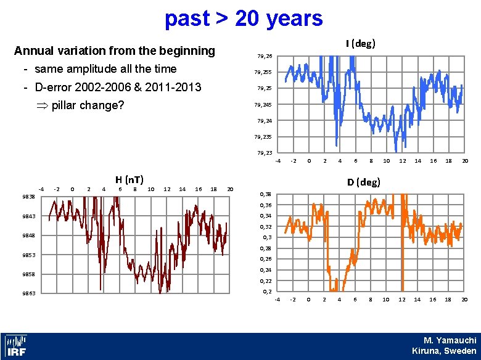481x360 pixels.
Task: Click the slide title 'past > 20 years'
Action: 243,18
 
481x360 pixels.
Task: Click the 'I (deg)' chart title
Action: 361,43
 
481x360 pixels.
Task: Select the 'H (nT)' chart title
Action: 129,179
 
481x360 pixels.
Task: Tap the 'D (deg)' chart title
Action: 363,182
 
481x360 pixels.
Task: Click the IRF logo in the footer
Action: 15,346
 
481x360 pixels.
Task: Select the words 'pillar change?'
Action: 88,105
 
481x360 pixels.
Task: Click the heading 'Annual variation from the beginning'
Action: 114,50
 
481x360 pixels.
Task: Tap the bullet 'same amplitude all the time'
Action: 105,68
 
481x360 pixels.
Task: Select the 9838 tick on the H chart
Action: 27,197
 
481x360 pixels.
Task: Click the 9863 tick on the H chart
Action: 27,293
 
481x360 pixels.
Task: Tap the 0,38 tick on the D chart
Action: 265,194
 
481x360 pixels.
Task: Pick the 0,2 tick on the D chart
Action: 266,290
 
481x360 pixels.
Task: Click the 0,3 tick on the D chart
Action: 266,237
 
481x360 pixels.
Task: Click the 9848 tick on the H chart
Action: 27,235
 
